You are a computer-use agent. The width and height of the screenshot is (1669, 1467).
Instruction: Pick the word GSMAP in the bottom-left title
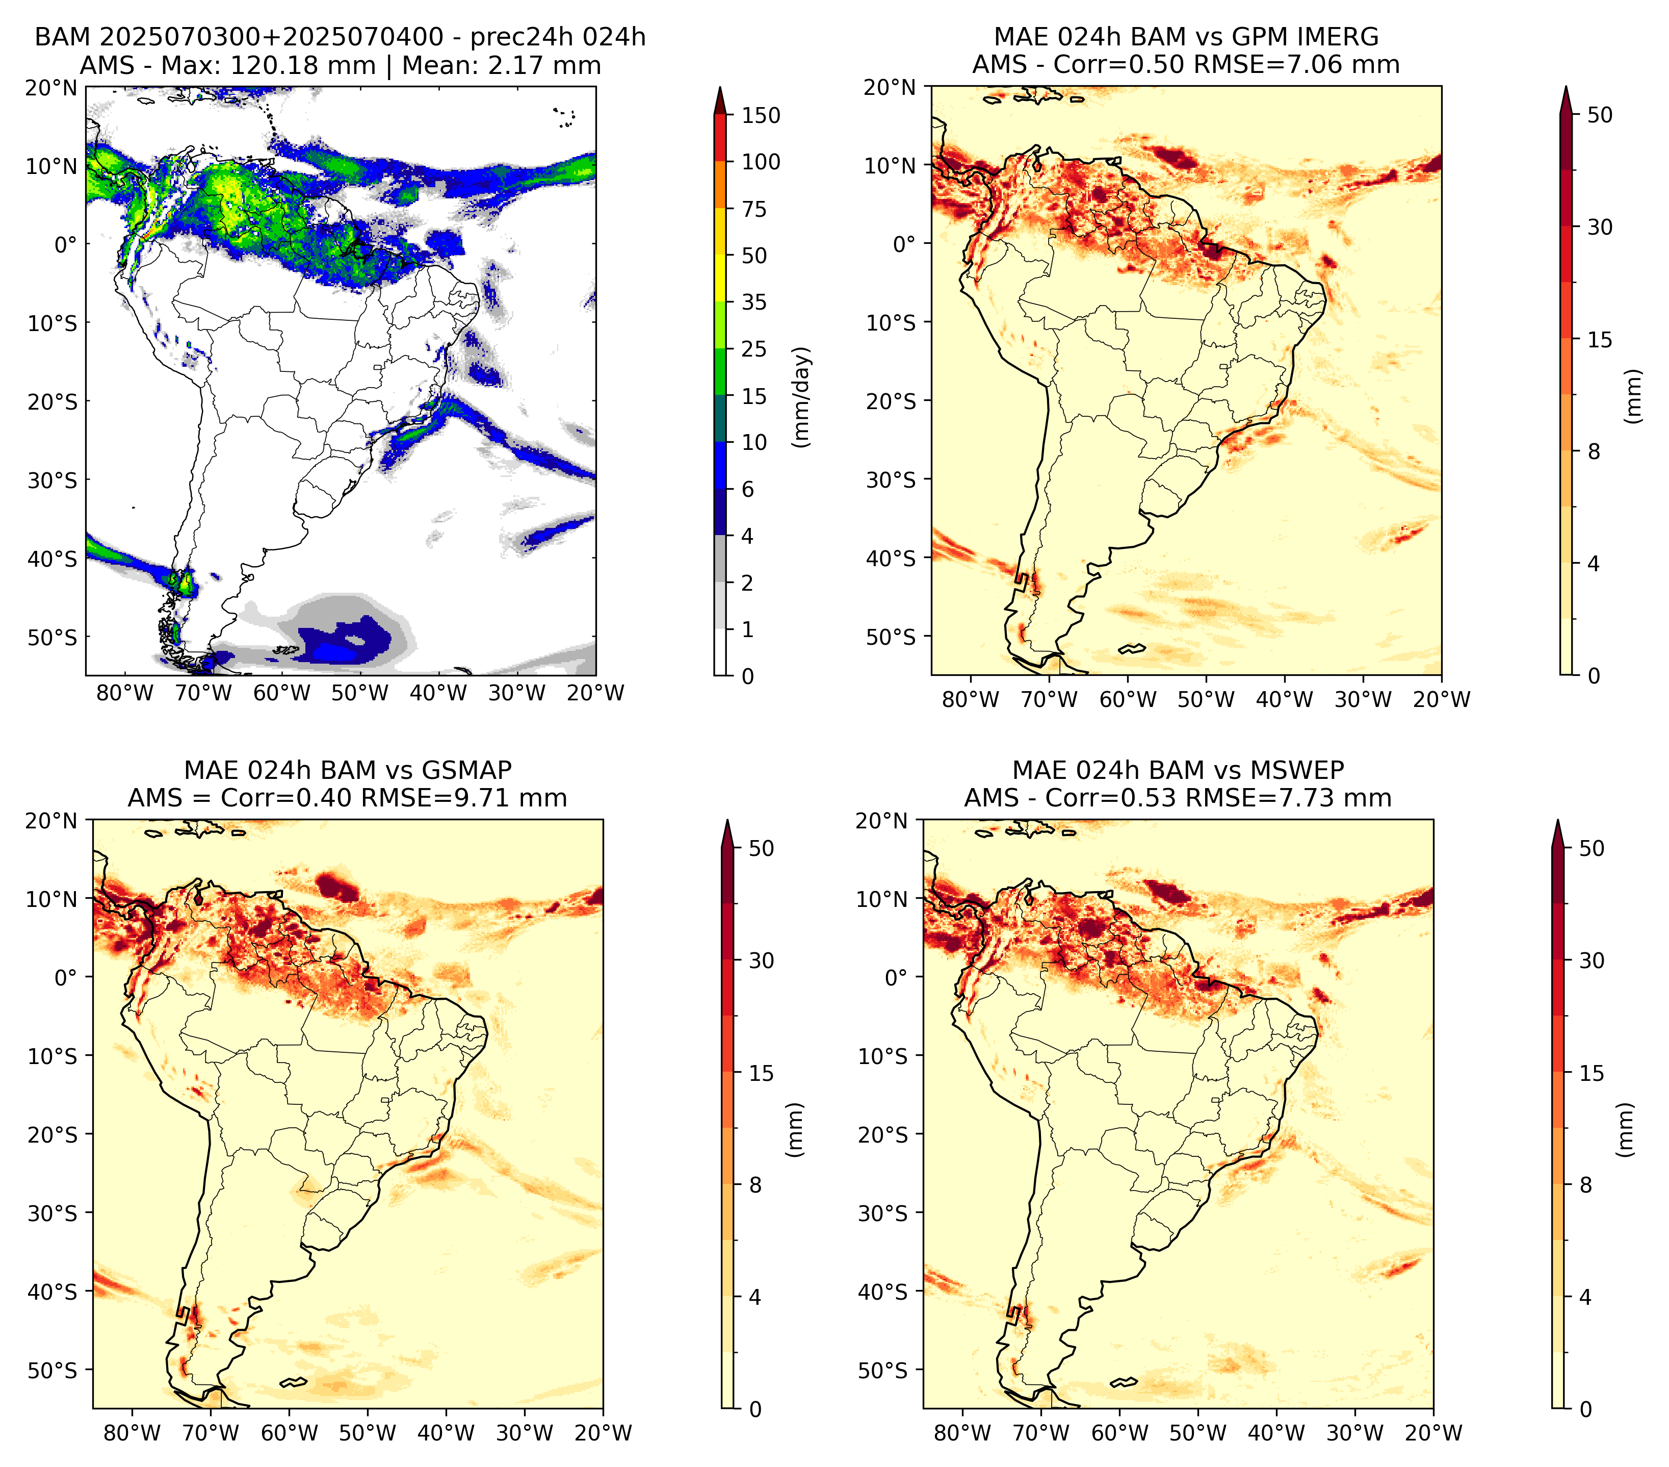coord(467,770)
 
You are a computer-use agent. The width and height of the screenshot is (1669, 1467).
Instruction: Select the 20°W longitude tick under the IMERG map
coord(1442,700)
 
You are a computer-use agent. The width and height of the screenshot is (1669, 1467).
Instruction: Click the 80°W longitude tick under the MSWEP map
coord(963,1433)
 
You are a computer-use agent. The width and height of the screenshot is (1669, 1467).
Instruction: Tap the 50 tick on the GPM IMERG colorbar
coord(1600,115)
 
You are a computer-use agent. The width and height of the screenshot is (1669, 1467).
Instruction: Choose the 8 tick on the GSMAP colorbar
coord(754,1185)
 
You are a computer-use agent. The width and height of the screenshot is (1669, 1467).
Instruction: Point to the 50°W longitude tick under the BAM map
coord(360,694)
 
